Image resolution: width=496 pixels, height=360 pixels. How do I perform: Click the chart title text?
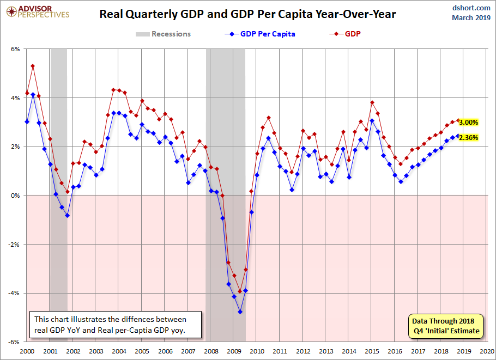coord(247,14)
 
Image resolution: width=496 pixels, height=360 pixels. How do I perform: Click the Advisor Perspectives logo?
coord(38,12)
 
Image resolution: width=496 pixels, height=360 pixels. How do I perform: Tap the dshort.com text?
coord(471,8)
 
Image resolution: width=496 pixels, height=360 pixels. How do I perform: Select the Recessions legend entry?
coord(163,34)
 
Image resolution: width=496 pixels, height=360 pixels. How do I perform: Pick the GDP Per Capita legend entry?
coord(260,34)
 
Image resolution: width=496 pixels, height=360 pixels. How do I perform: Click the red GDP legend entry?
coord(345,34)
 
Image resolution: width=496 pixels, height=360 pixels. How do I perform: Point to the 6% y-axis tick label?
coord(15,49)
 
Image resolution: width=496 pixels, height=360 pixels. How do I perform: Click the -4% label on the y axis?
coord(15,293)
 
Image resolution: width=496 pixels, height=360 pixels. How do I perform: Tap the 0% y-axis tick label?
coord(15,196)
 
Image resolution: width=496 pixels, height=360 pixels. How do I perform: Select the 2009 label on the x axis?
coord(234,351)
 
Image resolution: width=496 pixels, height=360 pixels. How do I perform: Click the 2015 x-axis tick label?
coord(372,351)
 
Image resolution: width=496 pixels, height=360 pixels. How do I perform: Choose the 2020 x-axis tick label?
coord(487,351)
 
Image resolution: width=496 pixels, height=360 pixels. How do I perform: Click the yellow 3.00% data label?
coord(469,123)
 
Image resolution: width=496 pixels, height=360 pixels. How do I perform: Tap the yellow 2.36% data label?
coord(469,137)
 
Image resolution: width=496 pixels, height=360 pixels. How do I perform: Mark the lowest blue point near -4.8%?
coord(240,312)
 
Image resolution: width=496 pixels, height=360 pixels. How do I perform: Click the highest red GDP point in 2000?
coord(33,66)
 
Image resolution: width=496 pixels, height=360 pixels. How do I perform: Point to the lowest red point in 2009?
coord(240,291)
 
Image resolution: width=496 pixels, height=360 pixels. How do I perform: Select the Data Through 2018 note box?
coord(446,326)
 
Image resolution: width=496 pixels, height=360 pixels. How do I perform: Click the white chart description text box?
coord(116,325)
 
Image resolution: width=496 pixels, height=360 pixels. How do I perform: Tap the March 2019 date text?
coord(471,17)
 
